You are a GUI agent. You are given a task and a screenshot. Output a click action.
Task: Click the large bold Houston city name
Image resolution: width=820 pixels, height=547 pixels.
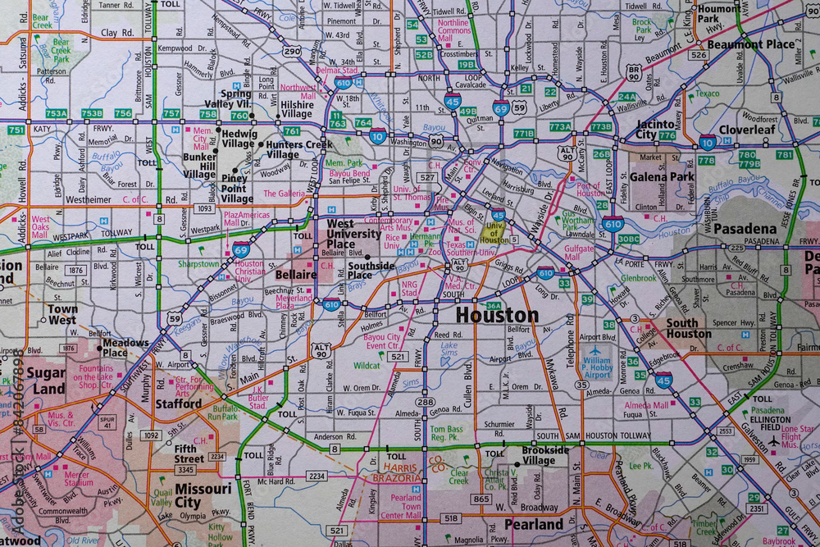click(x=497, y=315)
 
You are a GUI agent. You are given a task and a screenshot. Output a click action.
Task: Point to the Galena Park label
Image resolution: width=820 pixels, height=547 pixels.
click(x=662, y=176)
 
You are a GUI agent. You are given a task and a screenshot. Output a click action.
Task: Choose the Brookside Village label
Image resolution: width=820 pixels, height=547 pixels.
click(x=545, y=456)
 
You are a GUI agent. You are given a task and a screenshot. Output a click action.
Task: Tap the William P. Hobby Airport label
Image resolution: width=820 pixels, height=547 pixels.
click(x=596, y=367)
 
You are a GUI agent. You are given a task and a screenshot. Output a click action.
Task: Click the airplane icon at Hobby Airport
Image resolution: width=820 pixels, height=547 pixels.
click(x=596, y=351)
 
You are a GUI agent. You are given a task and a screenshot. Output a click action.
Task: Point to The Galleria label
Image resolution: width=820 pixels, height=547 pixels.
click(x=284, y=194)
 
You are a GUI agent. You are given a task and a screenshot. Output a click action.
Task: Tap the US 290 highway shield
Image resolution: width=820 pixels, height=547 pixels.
click(x=291, y=51)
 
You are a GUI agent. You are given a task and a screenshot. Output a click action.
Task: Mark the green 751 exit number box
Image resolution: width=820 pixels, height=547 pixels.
click(x=16, y=130)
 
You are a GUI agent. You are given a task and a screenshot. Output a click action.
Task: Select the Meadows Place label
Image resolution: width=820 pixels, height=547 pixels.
click(x=125, y=348)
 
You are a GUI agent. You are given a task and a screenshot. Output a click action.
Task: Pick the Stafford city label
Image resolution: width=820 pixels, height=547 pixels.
click(x=179, y=403)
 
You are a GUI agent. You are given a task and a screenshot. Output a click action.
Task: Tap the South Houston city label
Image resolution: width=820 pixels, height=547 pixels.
click(x=688, y=328)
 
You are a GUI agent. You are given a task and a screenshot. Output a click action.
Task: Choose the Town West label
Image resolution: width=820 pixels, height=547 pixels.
click(x=62, y=315)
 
